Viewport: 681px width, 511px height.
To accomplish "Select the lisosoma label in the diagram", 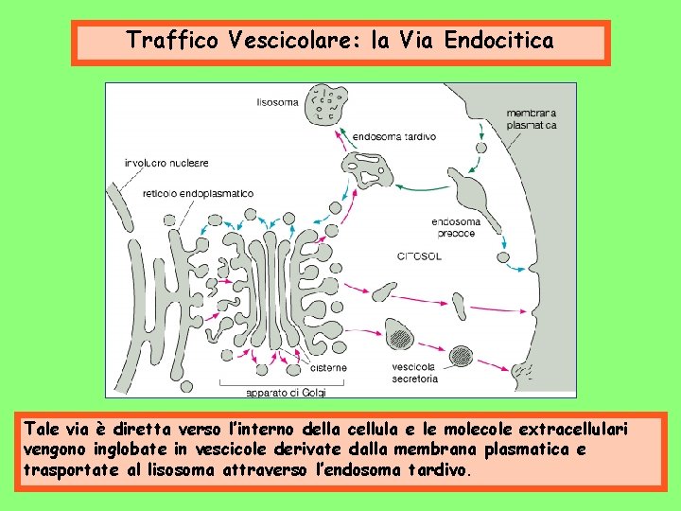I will [278, 101].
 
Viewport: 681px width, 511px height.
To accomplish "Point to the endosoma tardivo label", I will [394, 136].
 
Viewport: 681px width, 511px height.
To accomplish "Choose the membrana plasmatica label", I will [531, 118].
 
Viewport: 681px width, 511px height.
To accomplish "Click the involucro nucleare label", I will [166, 163].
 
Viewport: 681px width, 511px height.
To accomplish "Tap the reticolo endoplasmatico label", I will [198, 194].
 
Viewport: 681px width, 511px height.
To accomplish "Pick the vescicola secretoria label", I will [414, 373].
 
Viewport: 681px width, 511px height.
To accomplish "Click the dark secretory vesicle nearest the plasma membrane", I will [463, 355].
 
